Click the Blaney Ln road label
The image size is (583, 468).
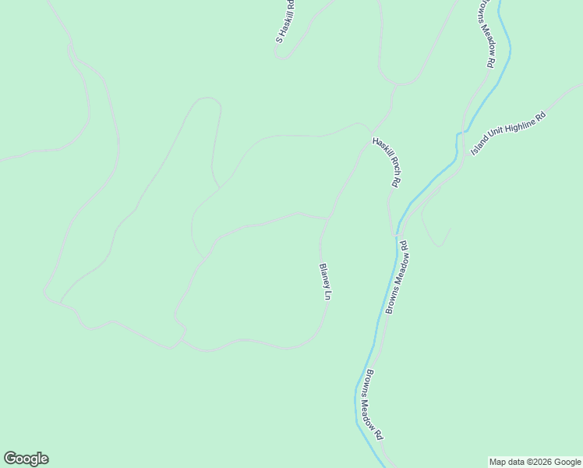tap(325, 282)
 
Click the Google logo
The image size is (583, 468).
tap(26, 459)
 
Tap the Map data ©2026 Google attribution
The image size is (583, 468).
tap(535, 462)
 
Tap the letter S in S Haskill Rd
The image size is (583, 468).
tap(277, 37)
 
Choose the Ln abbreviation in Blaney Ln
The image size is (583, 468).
tap(328, 294)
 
